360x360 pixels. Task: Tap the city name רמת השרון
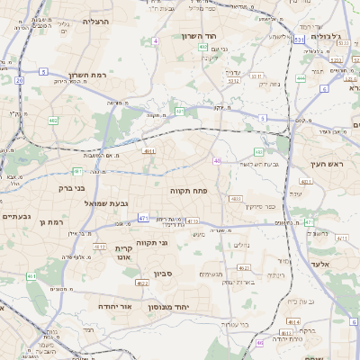tap(87, 76)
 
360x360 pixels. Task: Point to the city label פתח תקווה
tap(188, 191)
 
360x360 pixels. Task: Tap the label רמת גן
tap(57, 220)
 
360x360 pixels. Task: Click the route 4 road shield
tap(155, 40)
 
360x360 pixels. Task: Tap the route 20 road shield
tap(19, 80)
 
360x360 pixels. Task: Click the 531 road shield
tap(298, 40)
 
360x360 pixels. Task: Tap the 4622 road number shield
tap(142, 283)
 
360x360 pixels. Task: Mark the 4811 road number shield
tap(149, 151)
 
